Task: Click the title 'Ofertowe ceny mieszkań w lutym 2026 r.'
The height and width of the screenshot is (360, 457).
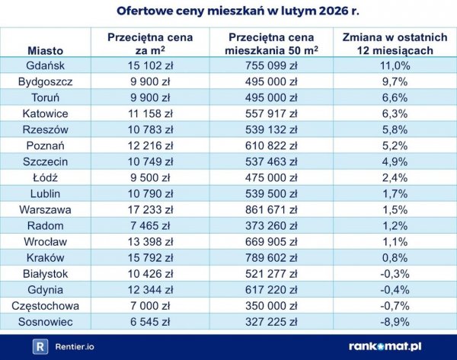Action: tap(228, 11)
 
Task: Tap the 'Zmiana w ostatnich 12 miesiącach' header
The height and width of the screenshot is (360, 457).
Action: tap(395, 43)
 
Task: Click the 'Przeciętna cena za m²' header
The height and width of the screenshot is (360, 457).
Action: tap(150, 43)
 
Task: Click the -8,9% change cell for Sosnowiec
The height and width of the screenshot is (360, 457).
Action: tap(395, 321)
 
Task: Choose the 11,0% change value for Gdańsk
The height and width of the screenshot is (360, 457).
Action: tap(395, 65)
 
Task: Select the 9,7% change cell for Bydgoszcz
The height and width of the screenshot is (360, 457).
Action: tap(395, 81)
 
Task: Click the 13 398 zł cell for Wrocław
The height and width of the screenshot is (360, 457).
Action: tap(150, 241)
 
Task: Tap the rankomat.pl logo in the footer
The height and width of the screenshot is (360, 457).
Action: tap(394, 346)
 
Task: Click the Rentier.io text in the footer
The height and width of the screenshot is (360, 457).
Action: tap(75, 347)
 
